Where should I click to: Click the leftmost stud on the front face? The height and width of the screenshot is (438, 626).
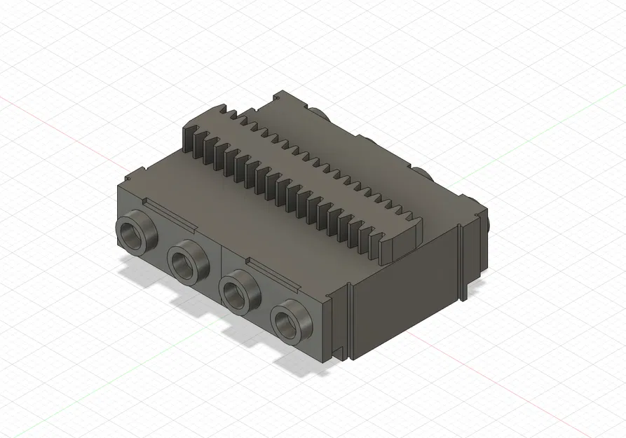click(135, 233)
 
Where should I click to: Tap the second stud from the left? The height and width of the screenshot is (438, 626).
click(188, 262)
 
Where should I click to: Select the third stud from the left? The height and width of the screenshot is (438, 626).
click(240, 291)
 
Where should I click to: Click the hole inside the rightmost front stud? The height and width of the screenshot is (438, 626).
click(287, 324)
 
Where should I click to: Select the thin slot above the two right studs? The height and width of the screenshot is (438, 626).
click(273, 271)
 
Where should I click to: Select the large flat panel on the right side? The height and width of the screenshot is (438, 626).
click(403, 294)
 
